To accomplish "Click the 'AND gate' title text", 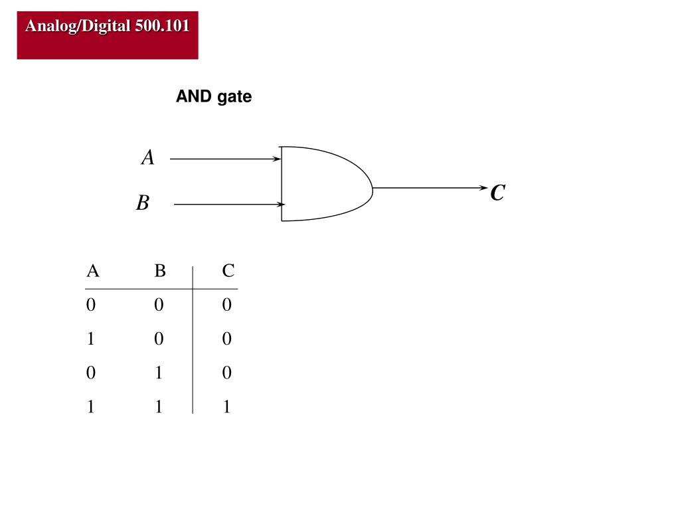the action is tap(214, 97).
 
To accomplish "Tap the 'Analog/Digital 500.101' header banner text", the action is tap(108, 26).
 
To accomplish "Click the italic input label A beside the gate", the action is tap(148, 157).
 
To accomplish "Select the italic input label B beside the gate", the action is tap(143, 203).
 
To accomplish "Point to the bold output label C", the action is tap(498, 193).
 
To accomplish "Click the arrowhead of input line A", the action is tap(278, 159).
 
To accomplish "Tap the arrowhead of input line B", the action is tap(281, 205).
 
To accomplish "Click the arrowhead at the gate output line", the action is tap(483, 188).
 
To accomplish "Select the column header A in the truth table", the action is tap(93, 271).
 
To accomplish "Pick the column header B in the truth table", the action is tap(160, 271).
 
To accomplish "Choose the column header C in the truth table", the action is tap(228, 271).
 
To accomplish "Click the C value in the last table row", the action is tap(227, 406).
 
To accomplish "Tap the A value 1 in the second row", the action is tap(90, 338).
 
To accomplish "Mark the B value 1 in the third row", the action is tap(159, 373).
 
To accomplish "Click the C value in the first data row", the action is tap(227, 304).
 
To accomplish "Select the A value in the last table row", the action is tap(90, 406).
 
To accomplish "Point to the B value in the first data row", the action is tap(159, 304).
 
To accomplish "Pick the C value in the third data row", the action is tap(227, 373).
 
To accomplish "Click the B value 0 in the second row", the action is tap(159, 338).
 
